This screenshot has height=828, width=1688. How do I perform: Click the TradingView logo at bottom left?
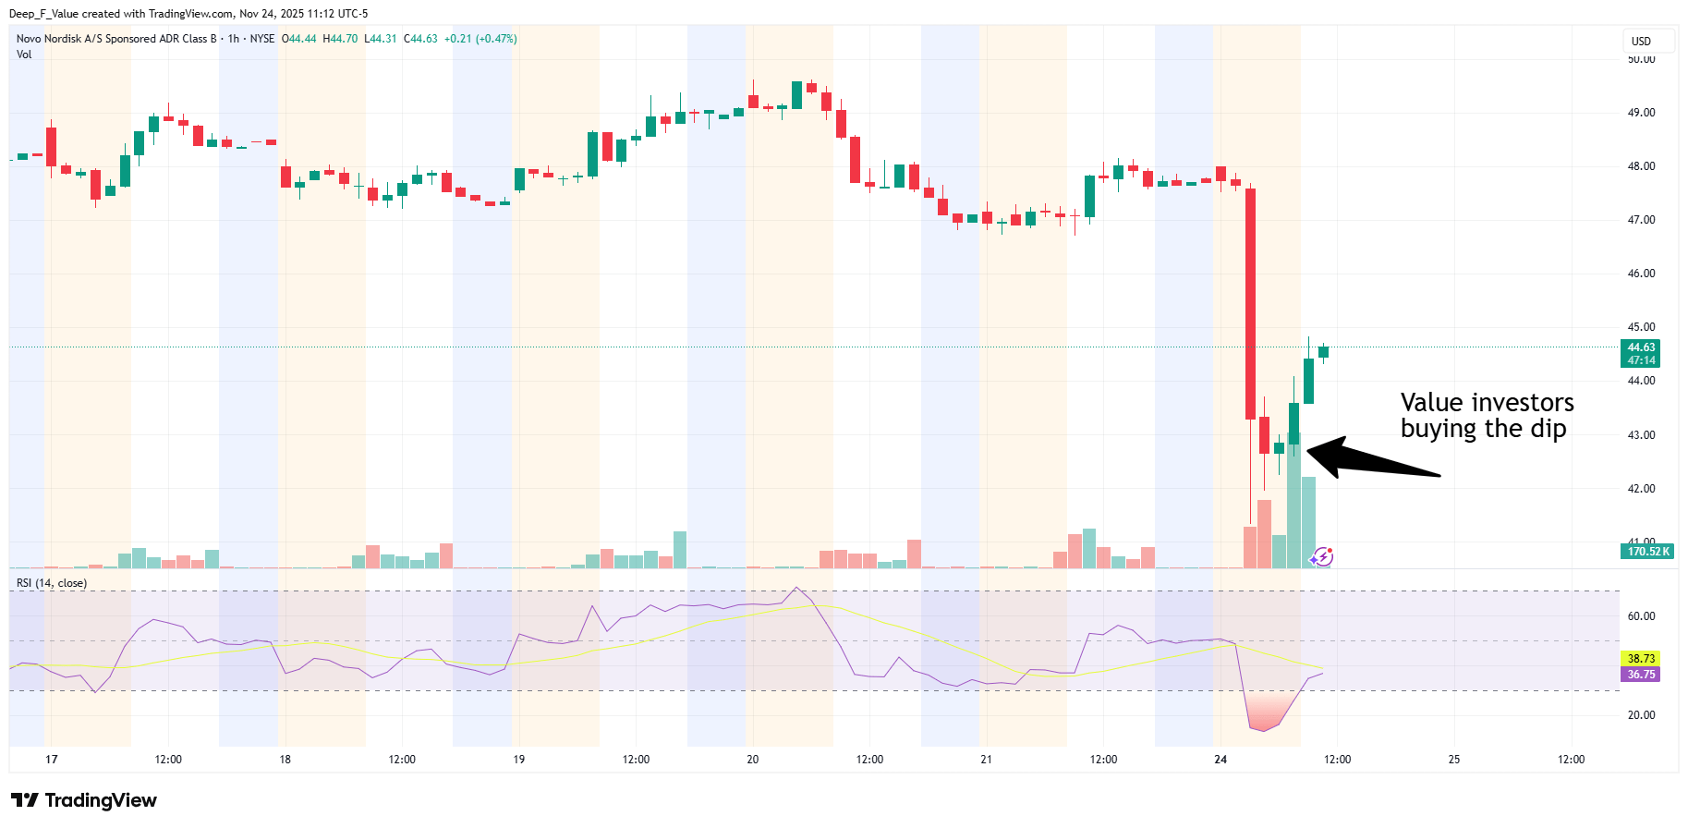pos(84,800)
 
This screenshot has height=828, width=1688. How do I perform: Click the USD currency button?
pos(1641,42)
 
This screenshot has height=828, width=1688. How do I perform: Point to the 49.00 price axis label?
pos(1641,113)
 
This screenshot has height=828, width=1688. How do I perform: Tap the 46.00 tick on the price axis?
pos(1641,274)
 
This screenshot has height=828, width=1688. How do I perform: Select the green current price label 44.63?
pos(1640,348)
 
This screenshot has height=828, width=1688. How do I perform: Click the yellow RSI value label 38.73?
pos(1640,659)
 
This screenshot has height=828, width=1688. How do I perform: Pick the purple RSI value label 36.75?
pos(1640,675)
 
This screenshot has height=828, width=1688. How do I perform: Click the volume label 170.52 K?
pos(1647,552)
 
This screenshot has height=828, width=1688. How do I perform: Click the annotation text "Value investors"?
pos(1487,403)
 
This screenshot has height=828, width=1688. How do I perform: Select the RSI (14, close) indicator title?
pos(52,583)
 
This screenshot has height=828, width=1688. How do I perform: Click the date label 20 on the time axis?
pos(753,760)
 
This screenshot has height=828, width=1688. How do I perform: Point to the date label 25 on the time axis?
pos(1454,760)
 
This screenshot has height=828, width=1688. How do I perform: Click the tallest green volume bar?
pos(1293,499)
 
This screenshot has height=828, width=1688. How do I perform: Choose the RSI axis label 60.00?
pos(1641,616)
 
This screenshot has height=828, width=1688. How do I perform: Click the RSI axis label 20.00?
pos(1641,715)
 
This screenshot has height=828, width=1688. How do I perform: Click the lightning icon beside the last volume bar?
pos(1322,556)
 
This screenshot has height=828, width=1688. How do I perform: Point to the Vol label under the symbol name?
pos(24,55)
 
